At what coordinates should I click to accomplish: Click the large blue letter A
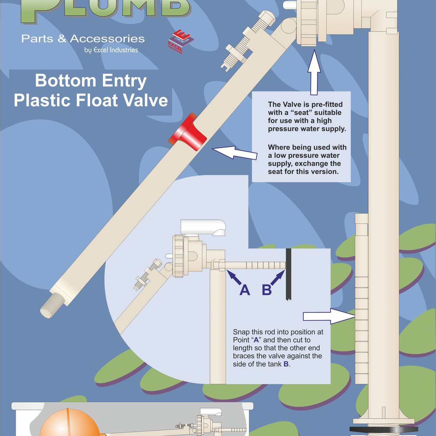point(245,290)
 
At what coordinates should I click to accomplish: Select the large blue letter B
point(267,290)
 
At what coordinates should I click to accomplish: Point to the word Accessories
point(107,39)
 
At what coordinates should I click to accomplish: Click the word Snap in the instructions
point(241,332)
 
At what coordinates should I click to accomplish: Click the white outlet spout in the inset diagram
point(203,227)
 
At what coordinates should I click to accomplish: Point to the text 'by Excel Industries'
point(111,50)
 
